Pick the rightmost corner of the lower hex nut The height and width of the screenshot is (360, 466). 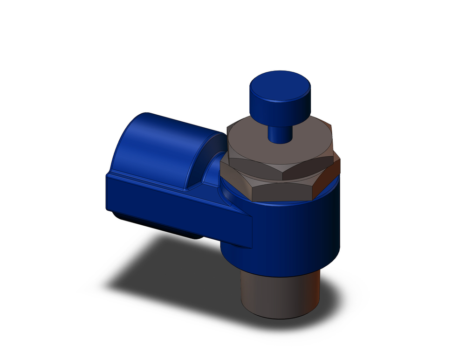(339, 163)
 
